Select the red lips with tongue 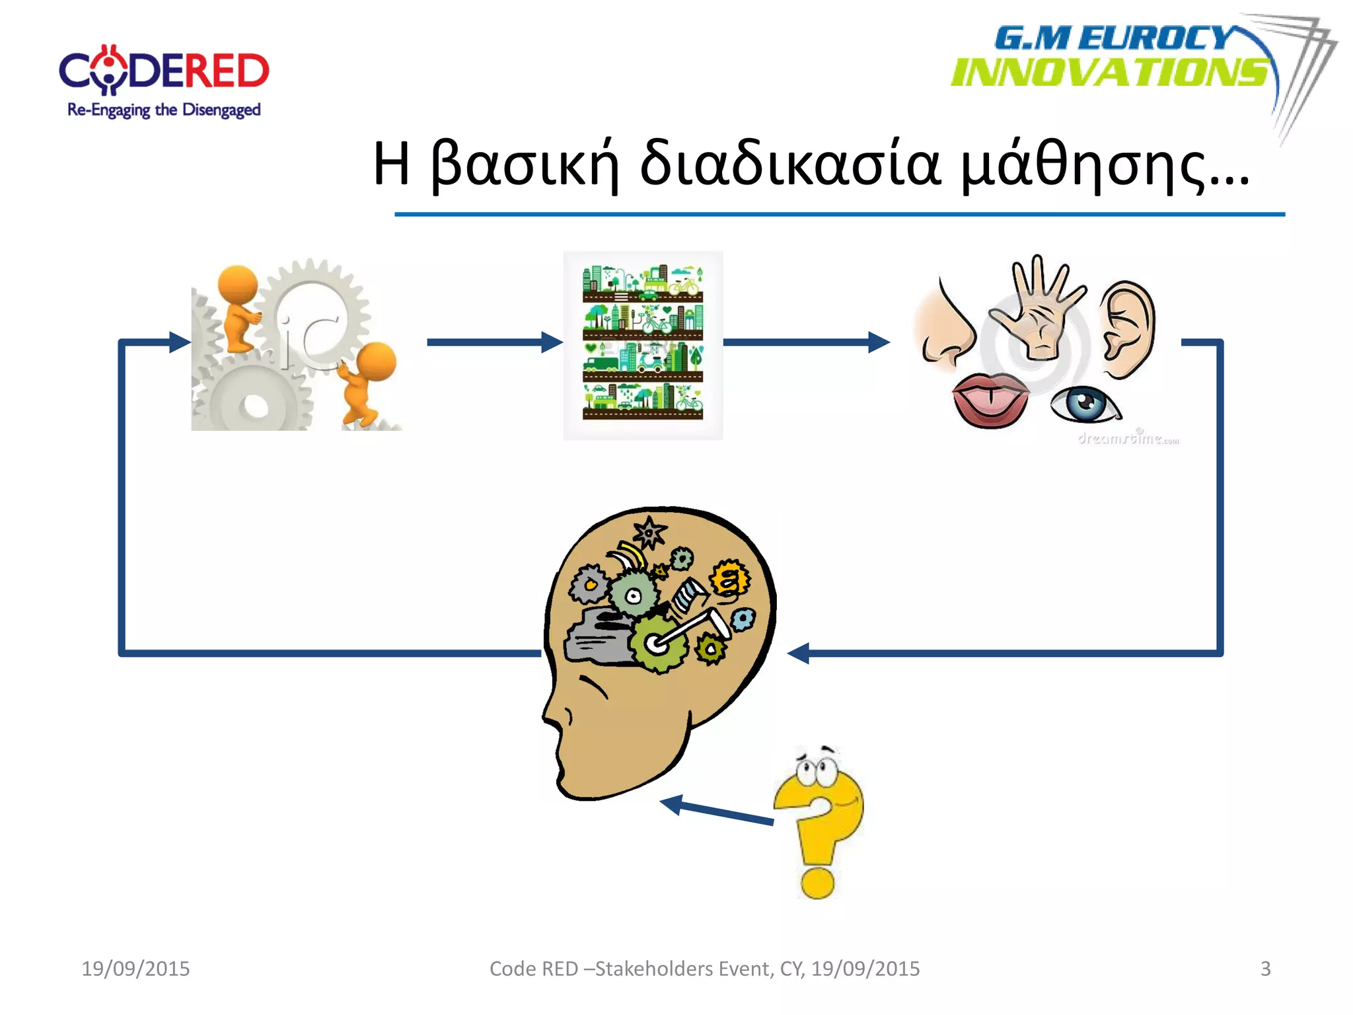(x=990, y=399)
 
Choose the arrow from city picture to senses (x=806, y=342)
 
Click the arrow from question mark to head (x=717, y=811)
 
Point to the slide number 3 (x=1265, y=969)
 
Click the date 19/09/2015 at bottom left (x=135, y=969)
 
